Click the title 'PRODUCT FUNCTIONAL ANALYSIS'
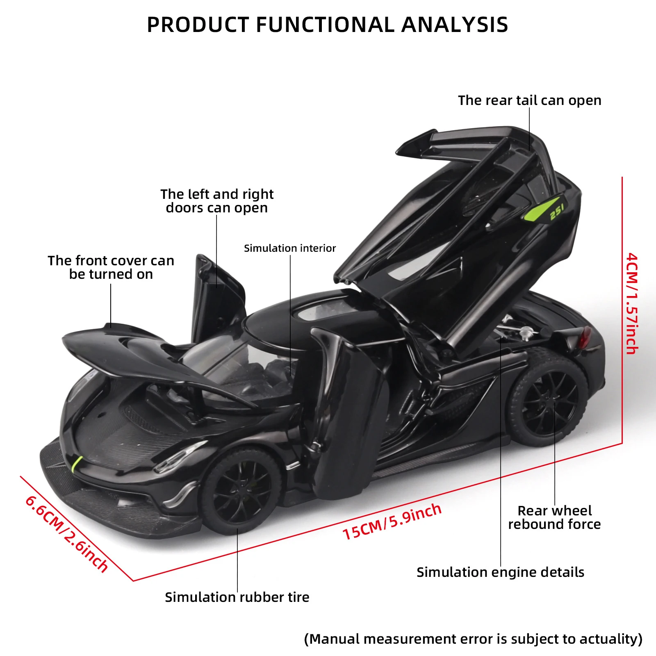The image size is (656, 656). coord(327,25)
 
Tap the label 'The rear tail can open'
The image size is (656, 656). coord(529,100)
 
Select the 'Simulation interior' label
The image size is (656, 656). coord(289,248)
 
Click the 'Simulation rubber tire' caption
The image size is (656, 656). coord(237,597)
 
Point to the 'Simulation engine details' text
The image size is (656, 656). coord(500,572)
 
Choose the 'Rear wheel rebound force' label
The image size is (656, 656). coord(554,517)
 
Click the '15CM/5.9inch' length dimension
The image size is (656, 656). coord(392,522)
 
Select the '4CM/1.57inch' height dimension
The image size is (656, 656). coord(632,303)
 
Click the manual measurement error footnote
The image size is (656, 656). coord(473,639)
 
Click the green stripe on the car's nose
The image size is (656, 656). coord(77,464)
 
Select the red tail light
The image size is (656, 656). coord(585,337)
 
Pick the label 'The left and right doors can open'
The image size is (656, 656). coord(217,201)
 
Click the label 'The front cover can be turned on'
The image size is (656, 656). coord(111,267)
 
